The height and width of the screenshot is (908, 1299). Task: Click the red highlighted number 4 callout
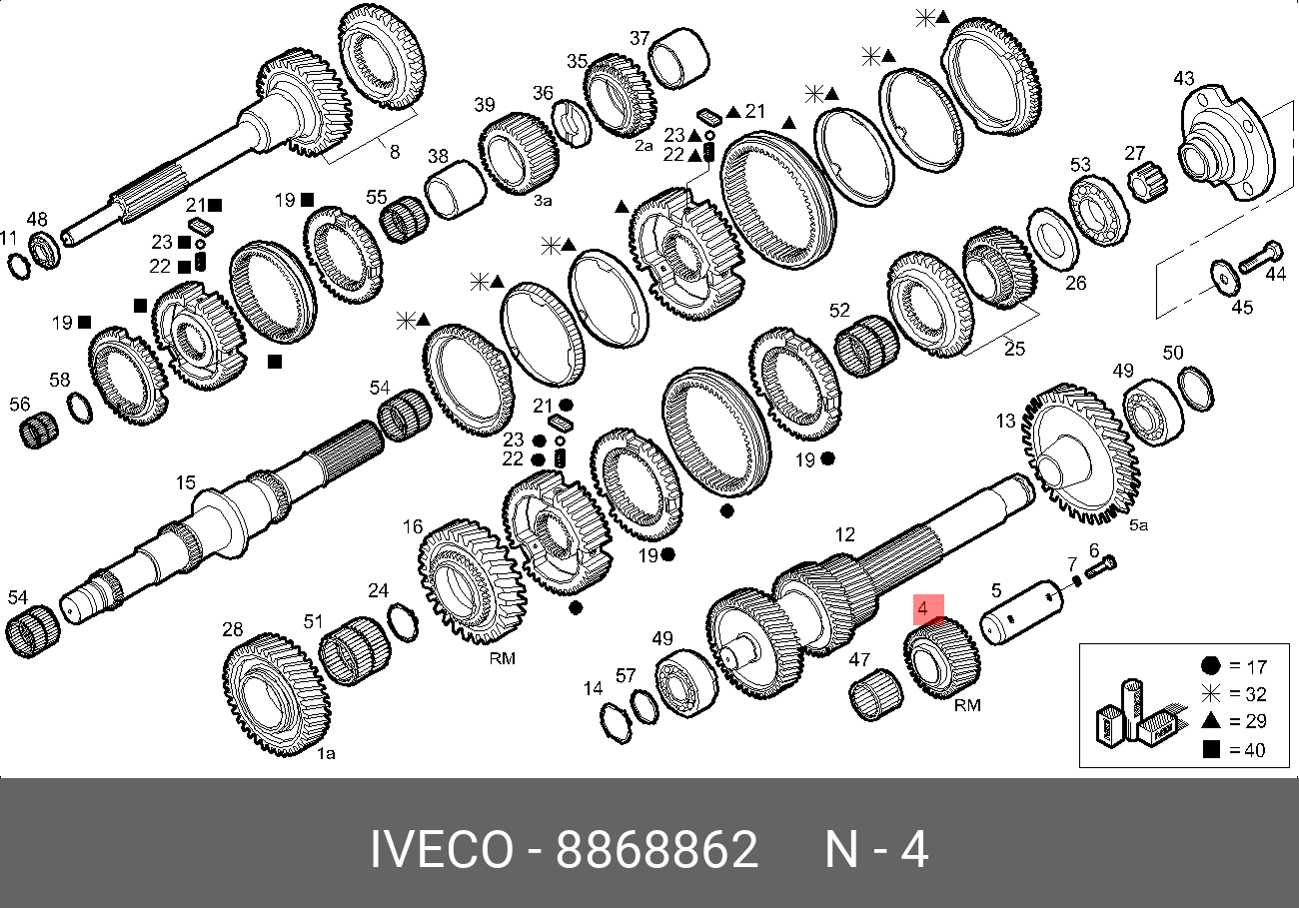[x=928, y=609]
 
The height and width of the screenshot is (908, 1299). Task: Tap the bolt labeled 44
[x=1261, y=258]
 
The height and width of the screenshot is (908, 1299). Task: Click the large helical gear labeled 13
[x=1080, y=453]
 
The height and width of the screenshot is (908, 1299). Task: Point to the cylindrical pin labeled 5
[x=1022, y=611]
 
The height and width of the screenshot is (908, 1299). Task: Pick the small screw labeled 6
[x=1100, y=566]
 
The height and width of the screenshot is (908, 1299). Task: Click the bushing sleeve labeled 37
[x=678, y=58]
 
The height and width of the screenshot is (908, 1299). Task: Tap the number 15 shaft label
[x=186, y=482]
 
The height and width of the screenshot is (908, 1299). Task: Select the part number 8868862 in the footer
[x=656, y=849]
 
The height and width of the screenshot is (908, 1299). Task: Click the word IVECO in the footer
[x=442, y=849]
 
